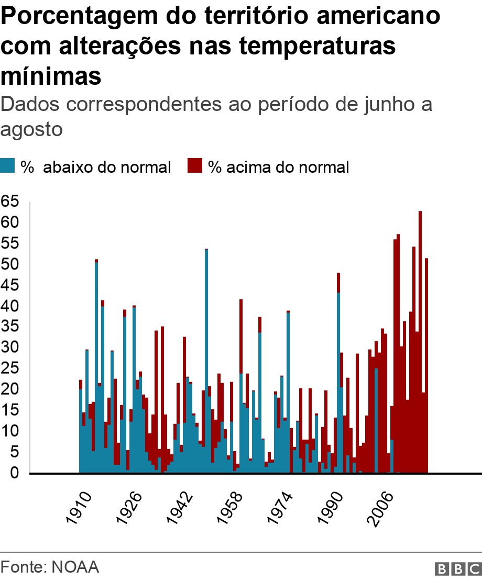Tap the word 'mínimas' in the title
point(51,76)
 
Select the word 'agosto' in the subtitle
point(32,129)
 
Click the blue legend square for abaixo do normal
point(8,166)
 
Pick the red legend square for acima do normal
point(195,166)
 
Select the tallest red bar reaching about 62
point(420,340)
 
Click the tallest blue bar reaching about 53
point(206,361)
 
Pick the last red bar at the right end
point(426,366)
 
